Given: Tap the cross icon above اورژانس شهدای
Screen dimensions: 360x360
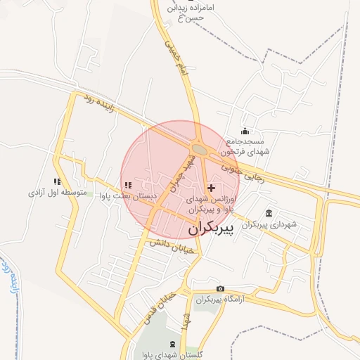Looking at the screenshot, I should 212,188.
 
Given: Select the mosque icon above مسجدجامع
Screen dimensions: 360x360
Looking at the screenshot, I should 245,131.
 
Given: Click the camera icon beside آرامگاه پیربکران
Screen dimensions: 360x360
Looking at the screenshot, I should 221,289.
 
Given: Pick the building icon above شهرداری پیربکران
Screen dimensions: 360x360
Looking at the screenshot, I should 269,213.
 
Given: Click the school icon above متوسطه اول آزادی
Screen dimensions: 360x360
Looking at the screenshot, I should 57,181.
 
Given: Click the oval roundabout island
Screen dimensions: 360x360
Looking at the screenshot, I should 200,149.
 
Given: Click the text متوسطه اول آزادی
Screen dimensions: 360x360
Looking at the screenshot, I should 57,192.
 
